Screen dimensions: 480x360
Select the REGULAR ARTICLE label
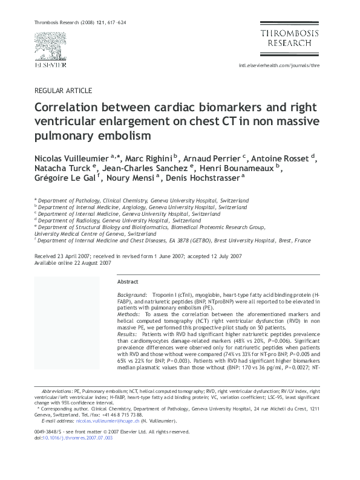(64, 91)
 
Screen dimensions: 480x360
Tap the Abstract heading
(128, 282)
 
